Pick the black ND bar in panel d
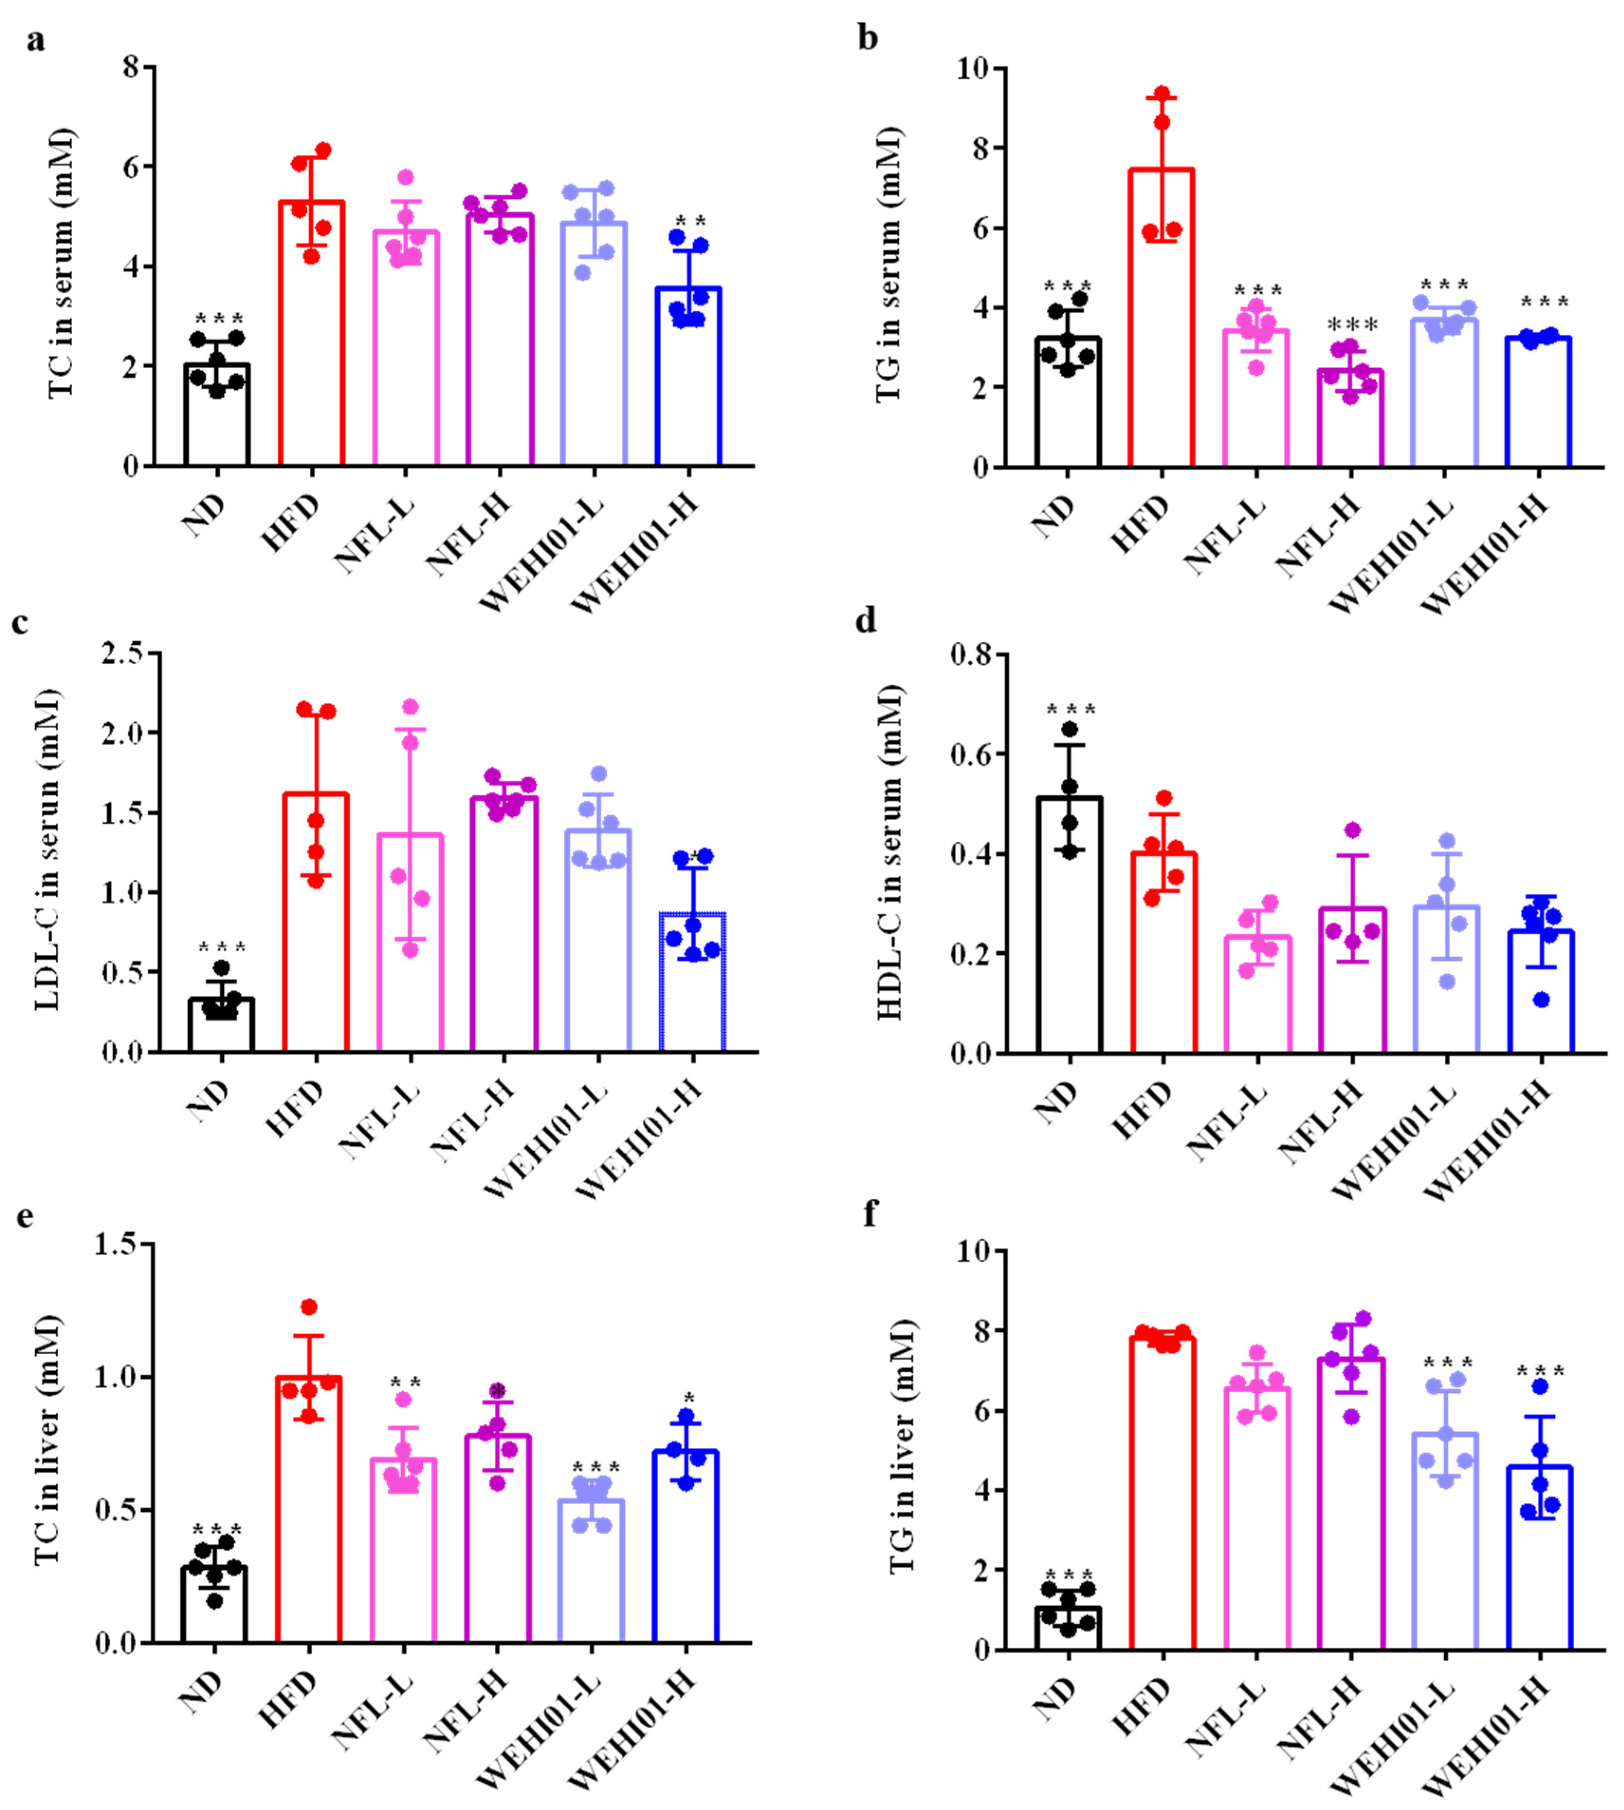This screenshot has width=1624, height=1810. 1069,937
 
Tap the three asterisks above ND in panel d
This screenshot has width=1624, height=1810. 1071,709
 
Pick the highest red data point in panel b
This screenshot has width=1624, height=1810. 1162,93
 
